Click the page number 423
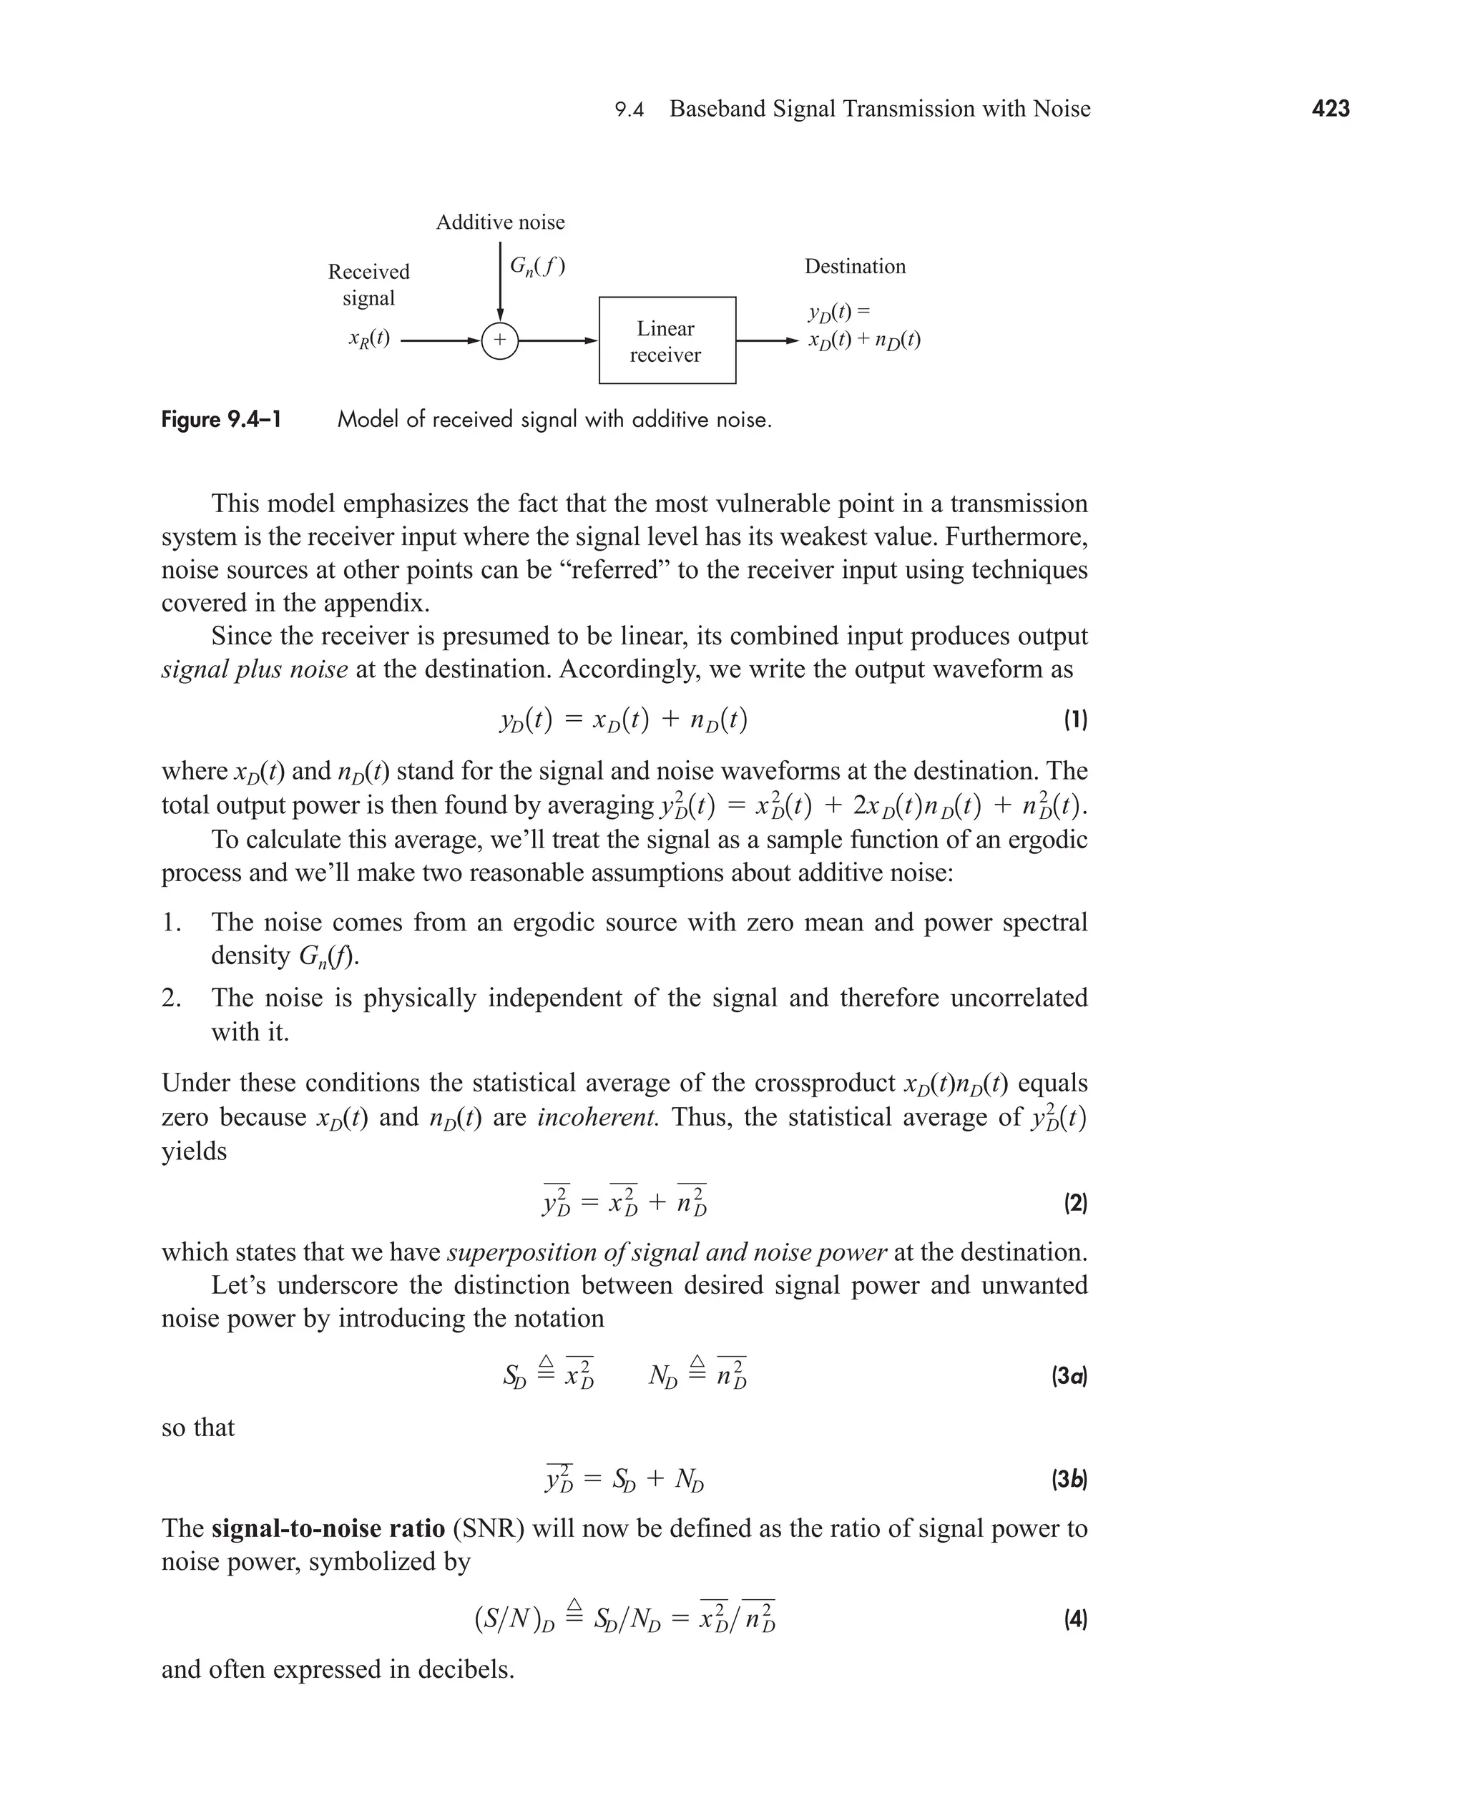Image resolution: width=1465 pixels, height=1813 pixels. pos(1330,109)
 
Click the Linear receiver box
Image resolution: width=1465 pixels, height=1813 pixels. pos(667,341)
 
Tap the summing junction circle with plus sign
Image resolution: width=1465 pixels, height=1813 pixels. pos(499,341)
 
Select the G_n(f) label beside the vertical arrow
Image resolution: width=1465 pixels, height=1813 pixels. pos(537,267)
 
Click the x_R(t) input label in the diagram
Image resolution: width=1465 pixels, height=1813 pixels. pos(369,339)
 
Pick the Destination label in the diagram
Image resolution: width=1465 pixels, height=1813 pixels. pos(855,267)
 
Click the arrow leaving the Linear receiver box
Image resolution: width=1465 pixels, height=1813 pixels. pos(767,341)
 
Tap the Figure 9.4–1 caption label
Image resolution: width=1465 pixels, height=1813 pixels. pos(221,420)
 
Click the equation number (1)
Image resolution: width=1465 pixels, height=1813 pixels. pos(1075,719)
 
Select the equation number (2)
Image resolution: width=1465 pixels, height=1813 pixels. pos(1075,1202)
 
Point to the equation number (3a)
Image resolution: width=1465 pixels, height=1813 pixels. pos(1069,1377)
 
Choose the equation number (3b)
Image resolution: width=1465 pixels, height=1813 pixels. pos(1069,1479)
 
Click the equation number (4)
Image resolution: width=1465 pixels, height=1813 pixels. pos(1075,1619)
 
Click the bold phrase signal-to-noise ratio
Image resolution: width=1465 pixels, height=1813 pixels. pos(328,1528)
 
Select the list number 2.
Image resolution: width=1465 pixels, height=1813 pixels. pos(171,998)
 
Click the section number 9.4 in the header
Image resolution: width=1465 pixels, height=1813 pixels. pos(629,109)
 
